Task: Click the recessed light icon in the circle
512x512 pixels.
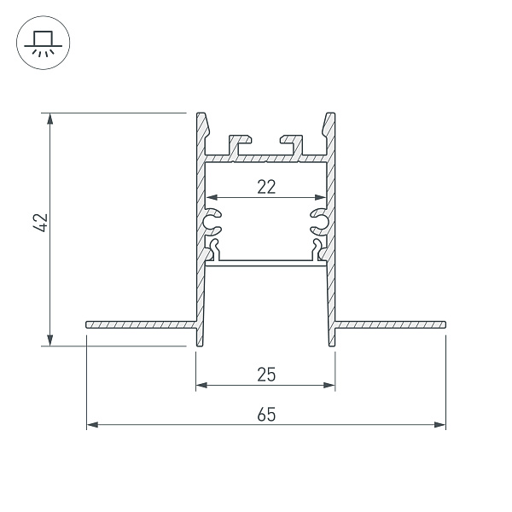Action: tap(42, 42)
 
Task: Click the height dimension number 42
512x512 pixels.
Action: tap(38, 224)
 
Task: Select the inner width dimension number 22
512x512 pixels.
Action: tap(266, 187)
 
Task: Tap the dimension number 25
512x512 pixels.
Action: tap(266, 374)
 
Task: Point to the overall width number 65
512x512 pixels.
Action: tap(266, 414)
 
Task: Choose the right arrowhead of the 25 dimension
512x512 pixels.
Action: tap(329, 385)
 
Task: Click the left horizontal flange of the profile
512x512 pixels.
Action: tap(141, 324)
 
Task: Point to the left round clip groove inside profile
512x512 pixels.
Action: tap(212, 223)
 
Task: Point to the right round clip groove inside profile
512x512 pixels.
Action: tap(319, 223)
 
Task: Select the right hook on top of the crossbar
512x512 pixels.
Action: tap(292, 143)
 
